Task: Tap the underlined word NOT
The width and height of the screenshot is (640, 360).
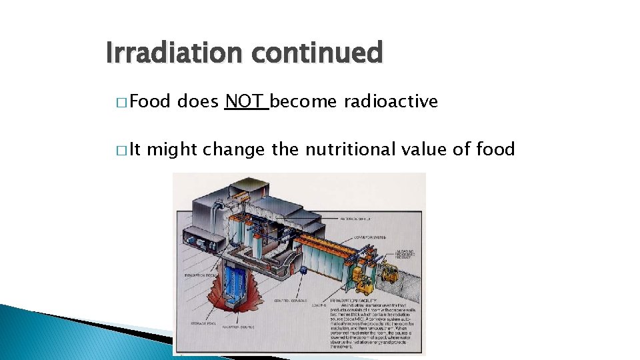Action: click(x=245, y=101)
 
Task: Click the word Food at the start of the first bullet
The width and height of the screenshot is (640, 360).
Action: click(x=151, y=101)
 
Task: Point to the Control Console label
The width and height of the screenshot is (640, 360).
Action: click(x=291, y=301)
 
